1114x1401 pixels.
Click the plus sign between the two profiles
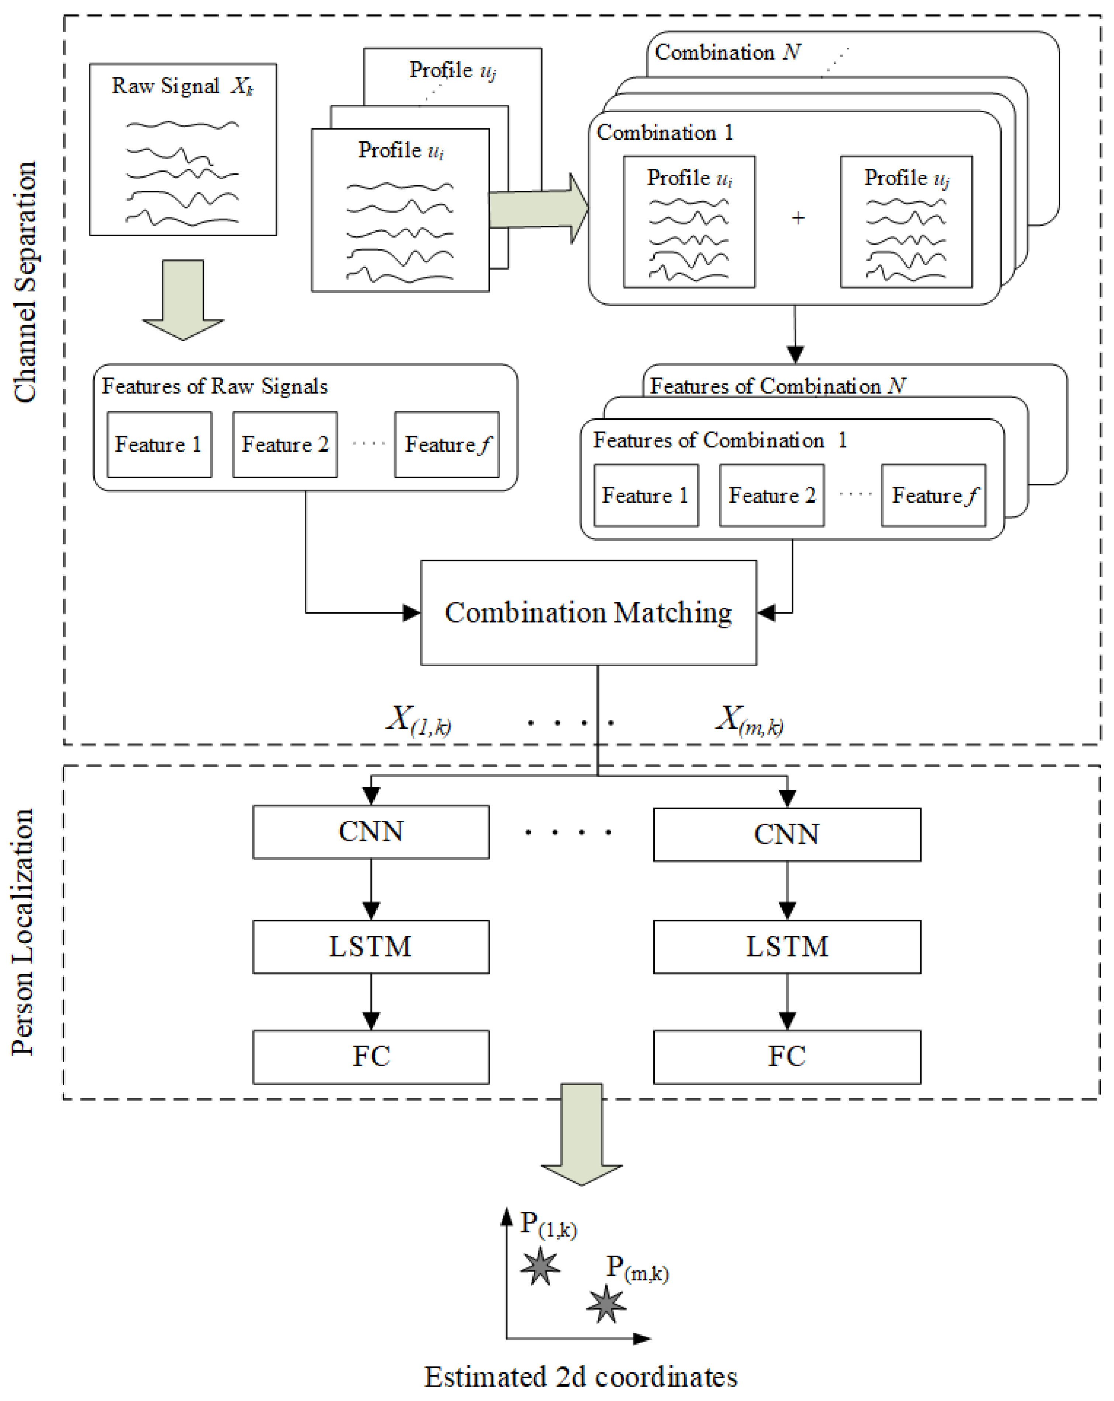pyautogui.click(x=798, y=218)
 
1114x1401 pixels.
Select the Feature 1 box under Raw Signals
pyautogui.click(x=159, y=444)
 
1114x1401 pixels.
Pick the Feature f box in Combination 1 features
pyautogui.click(x=933, y=495)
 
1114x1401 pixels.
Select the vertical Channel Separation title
pyautogui.click(x=25, y=283)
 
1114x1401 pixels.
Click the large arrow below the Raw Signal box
pyautogui.click(x=183, y=299)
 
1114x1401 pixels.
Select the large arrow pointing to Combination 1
pyautogui.click(x=538, y=208)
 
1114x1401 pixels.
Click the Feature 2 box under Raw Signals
pyautogui.click(x=285, y=444)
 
